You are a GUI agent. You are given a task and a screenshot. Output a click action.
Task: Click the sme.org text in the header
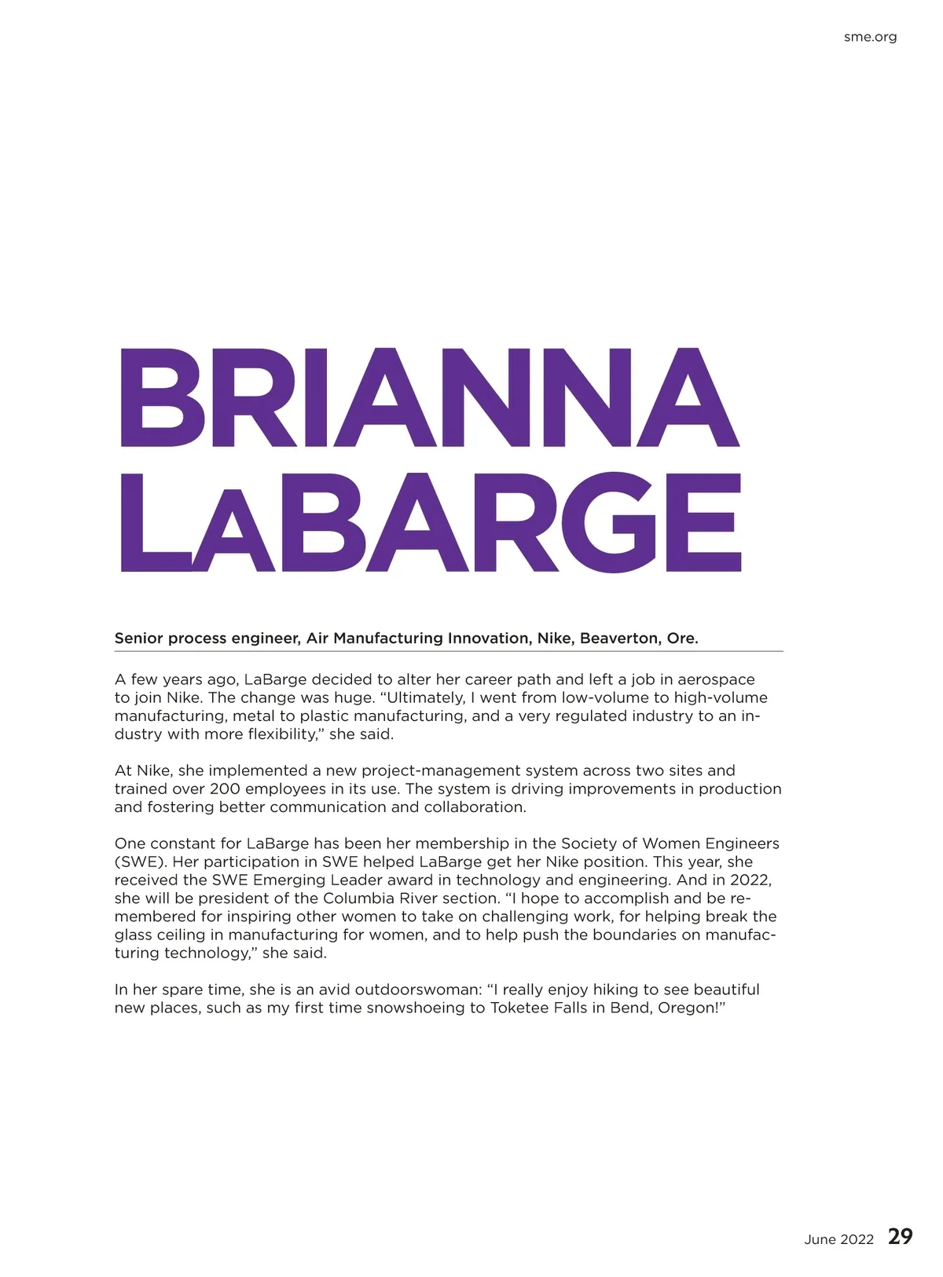[x=870, y=37]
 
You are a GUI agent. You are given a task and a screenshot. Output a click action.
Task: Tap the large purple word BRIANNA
[x=429, y=398]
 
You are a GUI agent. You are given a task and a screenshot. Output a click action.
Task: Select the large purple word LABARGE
[x=430, y=523]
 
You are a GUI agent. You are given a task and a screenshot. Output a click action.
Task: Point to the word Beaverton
[x=621, y=638]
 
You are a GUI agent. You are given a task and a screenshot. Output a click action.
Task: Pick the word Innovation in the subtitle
[x=489, y=638]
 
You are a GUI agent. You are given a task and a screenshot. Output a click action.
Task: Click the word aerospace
[x=716, y=679]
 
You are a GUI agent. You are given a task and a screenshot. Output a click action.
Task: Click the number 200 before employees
[x=225, y=789]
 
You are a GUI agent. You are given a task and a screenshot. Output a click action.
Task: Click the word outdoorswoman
[x=416, y=990]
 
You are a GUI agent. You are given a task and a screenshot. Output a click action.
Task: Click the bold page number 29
[x=901, y=1237]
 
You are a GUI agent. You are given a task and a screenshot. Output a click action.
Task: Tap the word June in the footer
[x=820, y=1239]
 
